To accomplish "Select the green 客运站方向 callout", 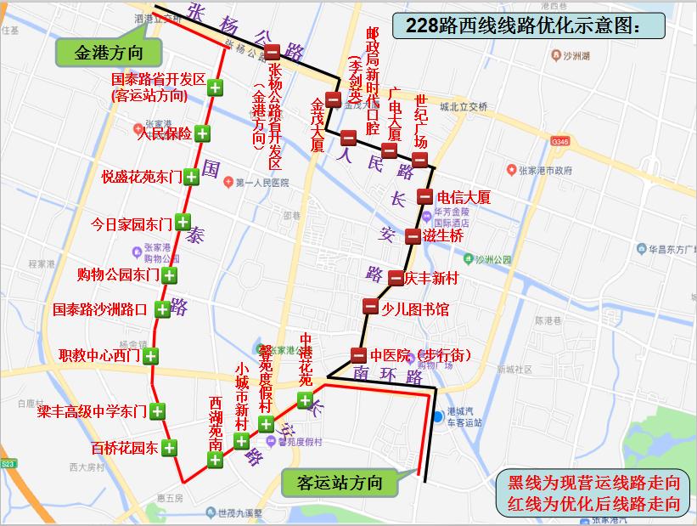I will tap(340, 484).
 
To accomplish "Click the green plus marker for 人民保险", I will tap(203, 133).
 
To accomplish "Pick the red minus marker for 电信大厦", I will tap(424, 197).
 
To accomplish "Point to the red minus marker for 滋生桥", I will tap(413, 235).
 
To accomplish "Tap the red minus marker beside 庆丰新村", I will tap(396, 277).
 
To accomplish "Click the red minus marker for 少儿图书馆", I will tap(370, 307).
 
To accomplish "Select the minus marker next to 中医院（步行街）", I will tap(358, 355).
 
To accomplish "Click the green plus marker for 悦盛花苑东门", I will tap(191, 177).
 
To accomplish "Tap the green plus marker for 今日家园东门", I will tap(182, 223).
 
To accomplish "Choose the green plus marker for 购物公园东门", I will tap(170, 274).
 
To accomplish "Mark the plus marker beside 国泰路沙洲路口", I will tap(160, 309).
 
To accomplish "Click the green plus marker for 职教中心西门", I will tap(151, 355).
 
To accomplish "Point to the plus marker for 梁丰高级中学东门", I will tap(157, 411).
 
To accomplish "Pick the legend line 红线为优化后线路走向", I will tap(593, 503).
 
